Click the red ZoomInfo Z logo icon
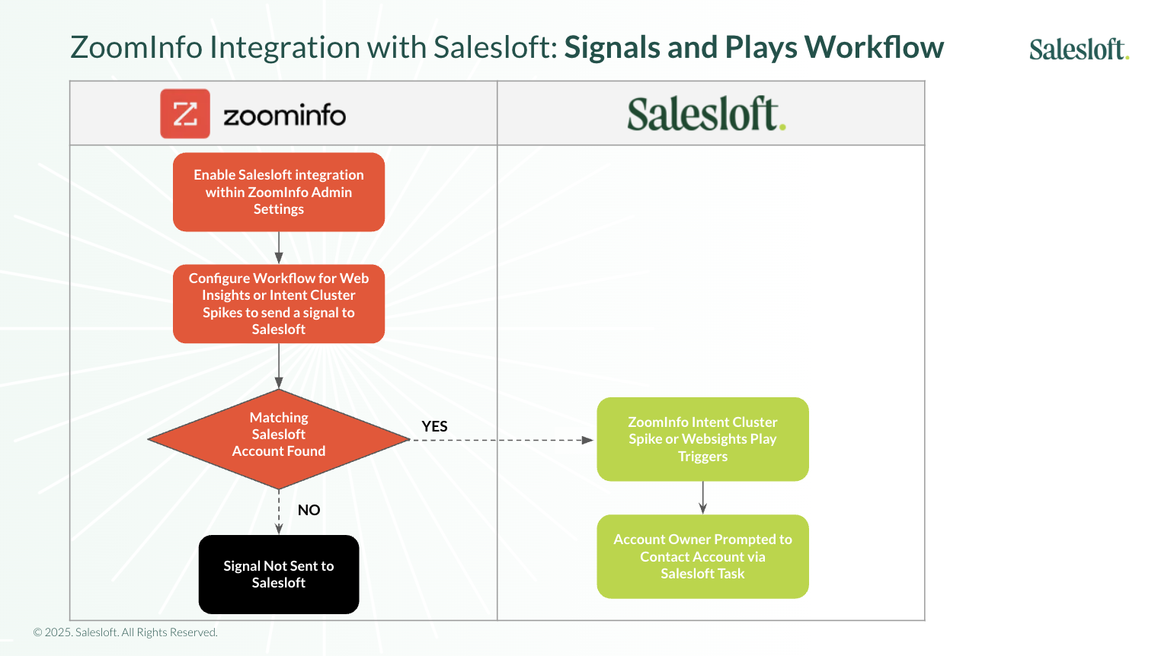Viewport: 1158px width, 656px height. point(185,114)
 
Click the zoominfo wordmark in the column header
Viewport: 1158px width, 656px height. point(284,116)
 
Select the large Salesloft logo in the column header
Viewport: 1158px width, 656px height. point(706,114)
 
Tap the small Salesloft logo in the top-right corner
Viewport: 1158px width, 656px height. point(1078,49)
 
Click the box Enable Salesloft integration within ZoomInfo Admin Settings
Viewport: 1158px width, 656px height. point(279,192)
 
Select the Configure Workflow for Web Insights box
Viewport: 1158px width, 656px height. point(279,304)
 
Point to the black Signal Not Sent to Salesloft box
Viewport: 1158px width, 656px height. point(279,575)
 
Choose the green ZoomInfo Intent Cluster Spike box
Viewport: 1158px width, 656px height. point(702,439)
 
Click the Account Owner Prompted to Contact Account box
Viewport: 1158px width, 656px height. point(702,556)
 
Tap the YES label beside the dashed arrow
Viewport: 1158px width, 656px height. point(435,426)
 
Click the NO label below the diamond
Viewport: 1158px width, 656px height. point(309,510)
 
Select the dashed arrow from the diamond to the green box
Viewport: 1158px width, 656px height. point(503,440)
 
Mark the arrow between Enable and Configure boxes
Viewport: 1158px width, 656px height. point(279,248)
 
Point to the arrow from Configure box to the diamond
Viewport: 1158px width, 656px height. point(279,366)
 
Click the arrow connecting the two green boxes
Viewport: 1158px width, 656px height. point(702,498)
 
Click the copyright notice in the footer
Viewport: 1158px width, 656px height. point(126,632)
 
